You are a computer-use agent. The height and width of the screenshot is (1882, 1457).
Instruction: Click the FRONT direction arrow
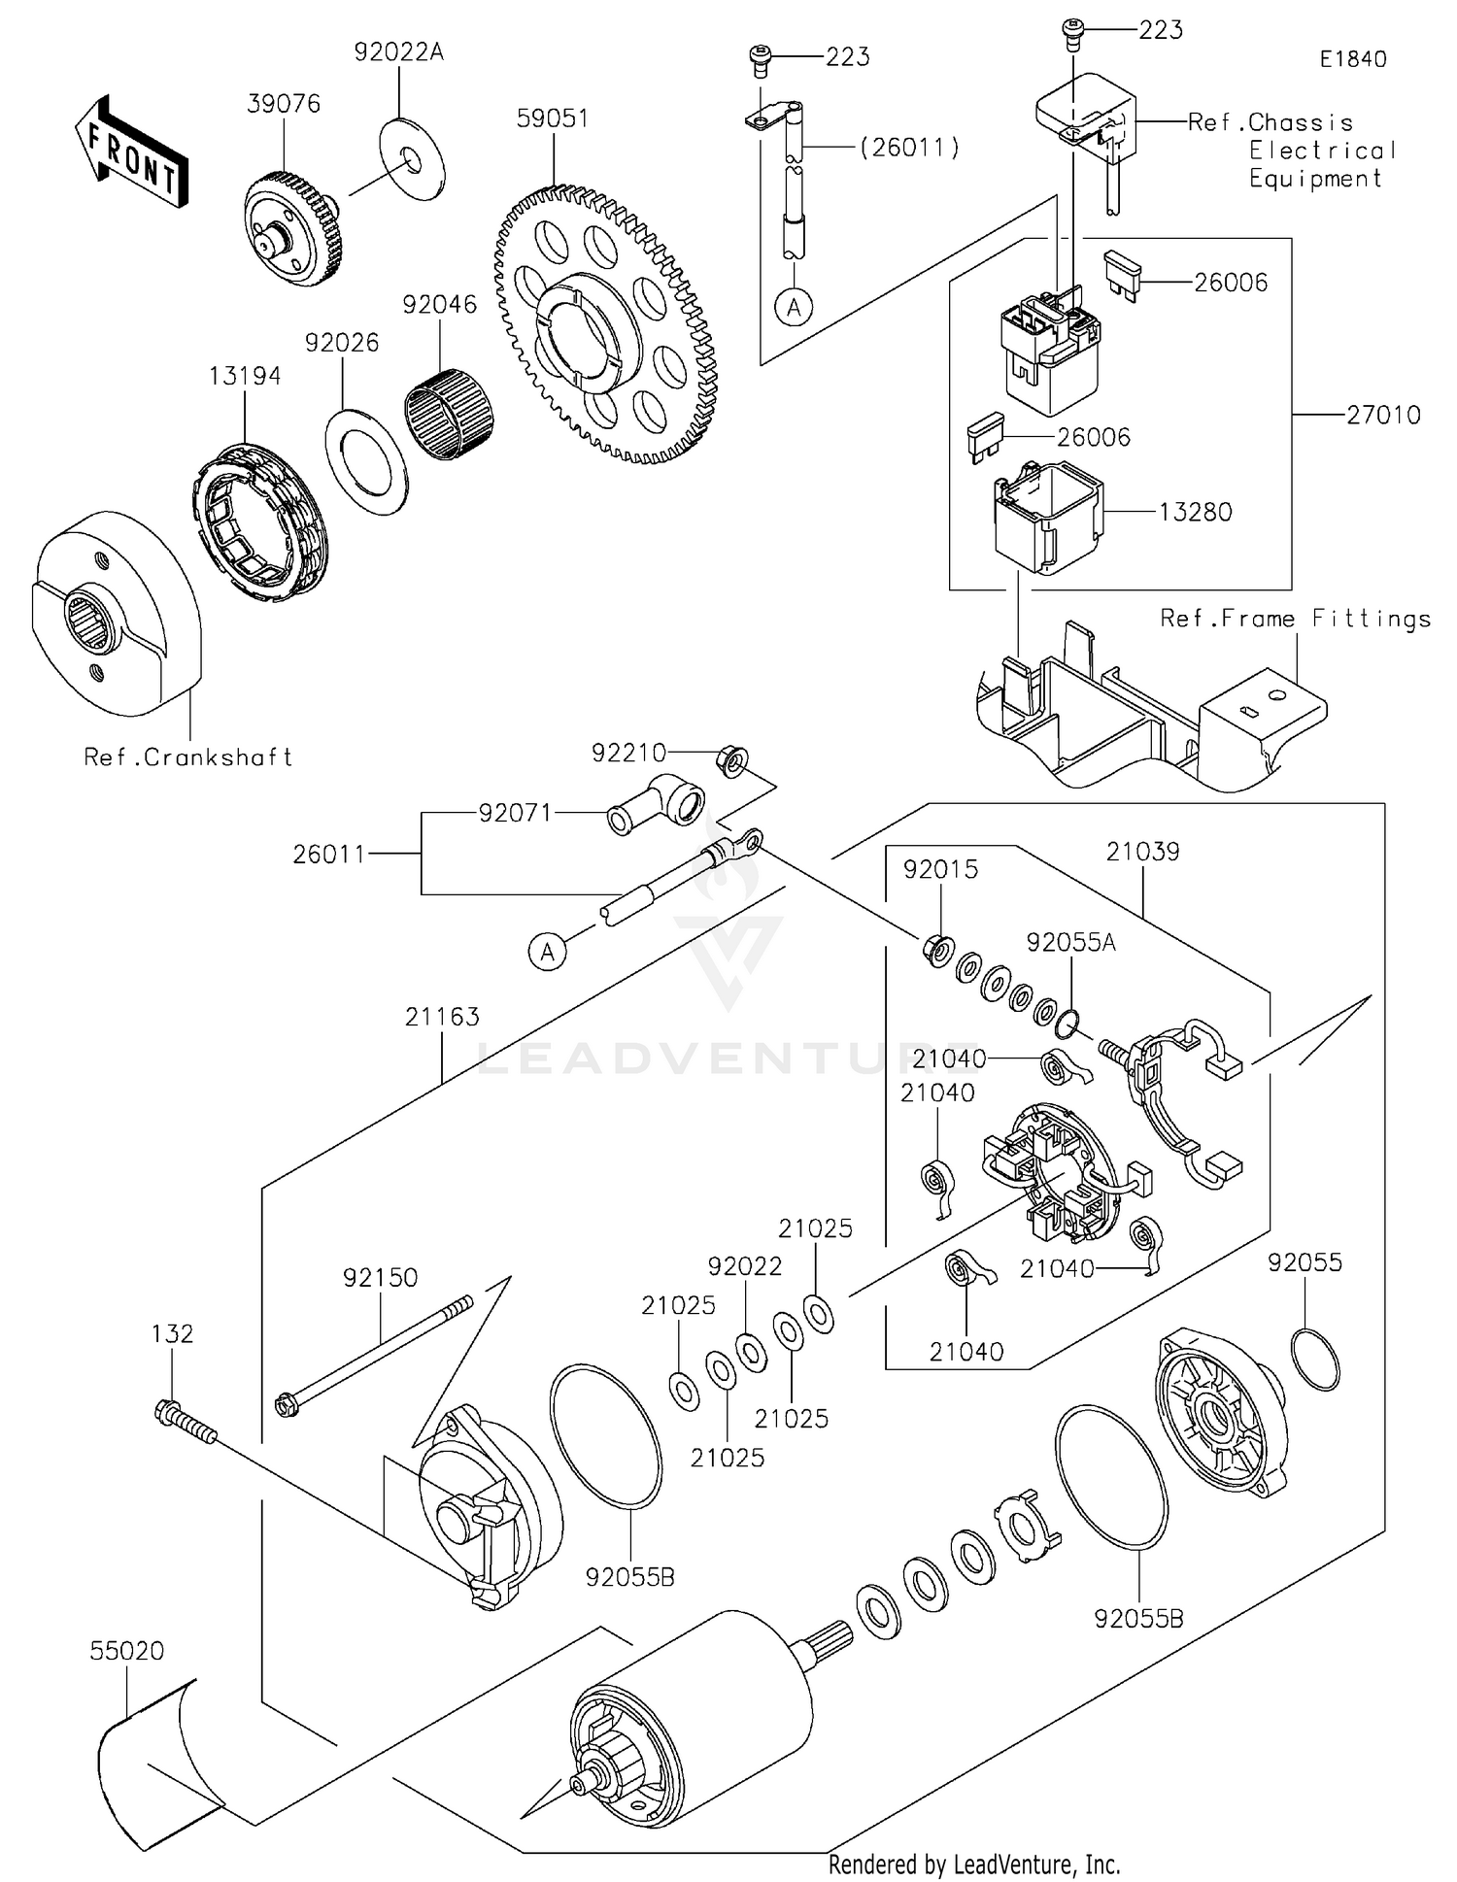tap(131, 152)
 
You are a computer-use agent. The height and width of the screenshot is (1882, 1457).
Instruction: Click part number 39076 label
tap(283, 104)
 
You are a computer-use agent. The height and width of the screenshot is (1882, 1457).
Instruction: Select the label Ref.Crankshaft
tap(187, 757)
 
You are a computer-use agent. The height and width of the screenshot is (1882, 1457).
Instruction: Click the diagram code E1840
tap(1352, 59)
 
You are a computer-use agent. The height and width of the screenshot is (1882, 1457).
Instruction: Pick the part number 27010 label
tap(1383, 416)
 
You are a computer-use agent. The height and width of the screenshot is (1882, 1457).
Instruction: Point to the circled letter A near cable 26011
tap(548, 953)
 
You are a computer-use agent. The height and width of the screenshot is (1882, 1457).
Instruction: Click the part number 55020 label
tap(127, 1651)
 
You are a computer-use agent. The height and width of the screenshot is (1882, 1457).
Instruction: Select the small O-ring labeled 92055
tap(1315, 1361)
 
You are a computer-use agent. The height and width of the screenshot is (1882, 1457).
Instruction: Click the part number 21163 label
tap(442, 1017)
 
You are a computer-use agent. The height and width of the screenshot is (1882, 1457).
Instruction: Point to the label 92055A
tap(1071, 942)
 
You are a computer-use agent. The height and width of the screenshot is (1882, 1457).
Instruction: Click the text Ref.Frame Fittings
tap(1295, 619)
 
